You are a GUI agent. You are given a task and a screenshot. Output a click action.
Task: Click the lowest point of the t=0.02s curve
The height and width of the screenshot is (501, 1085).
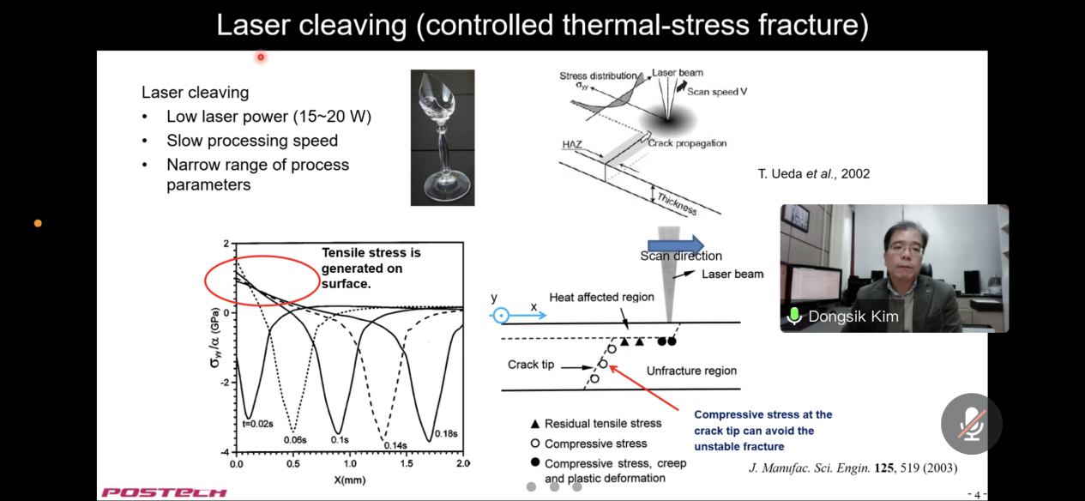tap(248, 419)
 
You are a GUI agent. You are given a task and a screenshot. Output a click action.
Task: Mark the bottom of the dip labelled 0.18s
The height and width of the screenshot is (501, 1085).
tap(429, 441)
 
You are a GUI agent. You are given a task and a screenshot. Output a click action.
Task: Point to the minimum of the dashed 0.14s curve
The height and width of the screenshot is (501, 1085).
tap(383, 439)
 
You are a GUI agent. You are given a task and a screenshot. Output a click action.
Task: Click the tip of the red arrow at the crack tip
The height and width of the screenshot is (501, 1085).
tap(609, 366)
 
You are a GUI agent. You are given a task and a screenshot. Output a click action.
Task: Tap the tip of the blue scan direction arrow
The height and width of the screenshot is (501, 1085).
tap(704, 245)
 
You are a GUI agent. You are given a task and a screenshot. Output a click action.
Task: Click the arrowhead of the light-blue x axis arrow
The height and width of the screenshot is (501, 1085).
tap(546, 316)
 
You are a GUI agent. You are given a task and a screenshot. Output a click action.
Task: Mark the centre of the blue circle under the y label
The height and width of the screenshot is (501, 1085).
tap(501, 316)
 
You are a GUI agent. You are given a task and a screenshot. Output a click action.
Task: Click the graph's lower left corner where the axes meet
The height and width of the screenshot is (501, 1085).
tap(236, 452)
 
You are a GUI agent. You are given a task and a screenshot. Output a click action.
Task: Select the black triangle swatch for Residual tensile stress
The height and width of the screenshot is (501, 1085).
tap(534, 424)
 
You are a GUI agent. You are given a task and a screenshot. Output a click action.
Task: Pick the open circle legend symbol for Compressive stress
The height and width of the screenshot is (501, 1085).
tap(535, 444)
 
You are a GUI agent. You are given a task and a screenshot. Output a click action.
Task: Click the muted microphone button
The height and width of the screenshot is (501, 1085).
tap(971, 424)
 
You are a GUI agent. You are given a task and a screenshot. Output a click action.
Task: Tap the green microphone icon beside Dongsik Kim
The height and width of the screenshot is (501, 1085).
tap(794, 316)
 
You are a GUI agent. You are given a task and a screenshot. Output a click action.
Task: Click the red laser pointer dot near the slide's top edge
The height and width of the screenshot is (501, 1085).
tap(261, 57)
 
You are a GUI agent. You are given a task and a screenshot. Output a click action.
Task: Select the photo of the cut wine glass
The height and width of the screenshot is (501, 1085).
tap(443, 137)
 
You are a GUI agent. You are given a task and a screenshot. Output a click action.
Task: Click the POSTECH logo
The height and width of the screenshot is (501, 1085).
tap(164, 492)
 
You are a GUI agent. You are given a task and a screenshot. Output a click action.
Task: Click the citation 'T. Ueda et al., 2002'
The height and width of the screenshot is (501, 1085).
tap(814, 174)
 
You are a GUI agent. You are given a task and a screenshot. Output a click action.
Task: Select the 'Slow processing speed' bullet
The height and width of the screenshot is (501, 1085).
tap(252, 141)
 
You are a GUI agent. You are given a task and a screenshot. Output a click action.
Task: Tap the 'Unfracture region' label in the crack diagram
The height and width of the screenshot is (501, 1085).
tap(691, 371)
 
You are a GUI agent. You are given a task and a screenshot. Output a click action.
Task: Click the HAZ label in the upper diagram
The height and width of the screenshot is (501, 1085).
tap(572, 144)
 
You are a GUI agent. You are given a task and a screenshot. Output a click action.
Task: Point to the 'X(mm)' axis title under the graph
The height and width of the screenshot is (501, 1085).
tap(350, 480)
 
